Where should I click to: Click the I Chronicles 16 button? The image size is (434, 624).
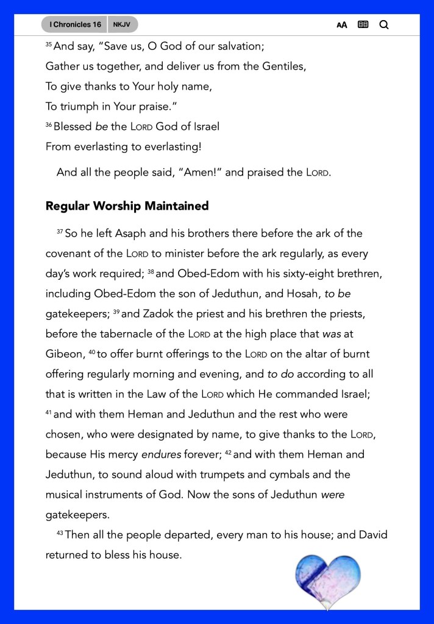pos(75,24)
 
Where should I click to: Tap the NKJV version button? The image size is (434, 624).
pos(122,24)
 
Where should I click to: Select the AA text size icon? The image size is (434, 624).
pos(342,25)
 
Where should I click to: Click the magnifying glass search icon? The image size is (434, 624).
pos(384,25)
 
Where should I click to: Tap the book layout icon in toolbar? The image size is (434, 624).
pos(363,25)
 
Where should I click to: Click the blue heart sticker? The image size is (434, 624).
pos(328,579)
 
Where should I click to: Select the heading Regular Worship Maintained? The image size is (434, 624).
pos(127,206)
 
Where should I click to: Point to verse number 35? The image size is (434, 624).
pos(49,44)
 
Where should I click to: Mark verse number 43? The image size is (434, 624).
pos(60,533)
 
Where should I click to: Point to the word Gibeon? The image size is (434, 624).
pos(64,354)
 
